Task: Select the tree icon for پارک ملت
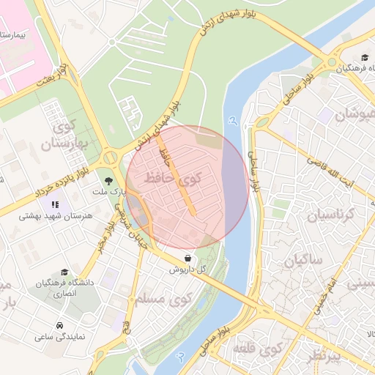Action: pyautogui.click(x=108, y=179)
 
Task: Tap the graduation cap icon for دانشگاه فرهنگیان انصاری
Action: pyautogui.click(x=64, y=272)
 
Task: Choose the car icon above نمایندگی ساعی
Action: pyautogui.click(x=58, y=324)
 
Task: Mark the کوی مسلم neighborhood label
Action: pyautogui.click(x=163, y=298)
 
